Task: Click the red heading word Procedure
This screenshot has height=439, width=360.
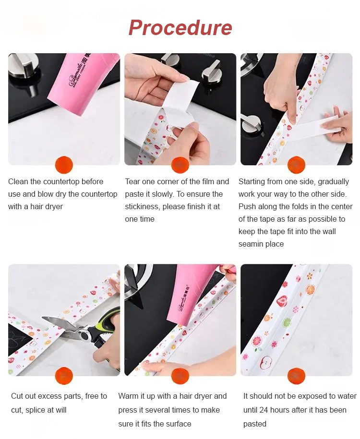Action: [180, 28]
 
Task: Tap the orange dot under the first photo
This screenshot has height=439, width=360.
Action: [64, 165]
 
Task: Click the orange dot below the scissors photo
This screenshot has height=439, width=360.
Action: [64, 376]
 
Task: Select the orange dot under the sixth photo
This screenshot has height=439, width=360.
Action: [297, 376]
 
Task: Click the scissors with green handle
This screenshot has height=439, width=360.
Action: [84, 331]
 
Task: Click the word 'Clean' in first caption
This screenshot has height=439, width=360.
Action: [18, 182]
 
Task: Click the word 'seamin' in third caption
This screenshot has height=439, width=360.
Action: [251, 244]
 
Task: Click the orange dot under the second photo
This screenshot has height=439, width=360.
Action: [180, 165]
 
